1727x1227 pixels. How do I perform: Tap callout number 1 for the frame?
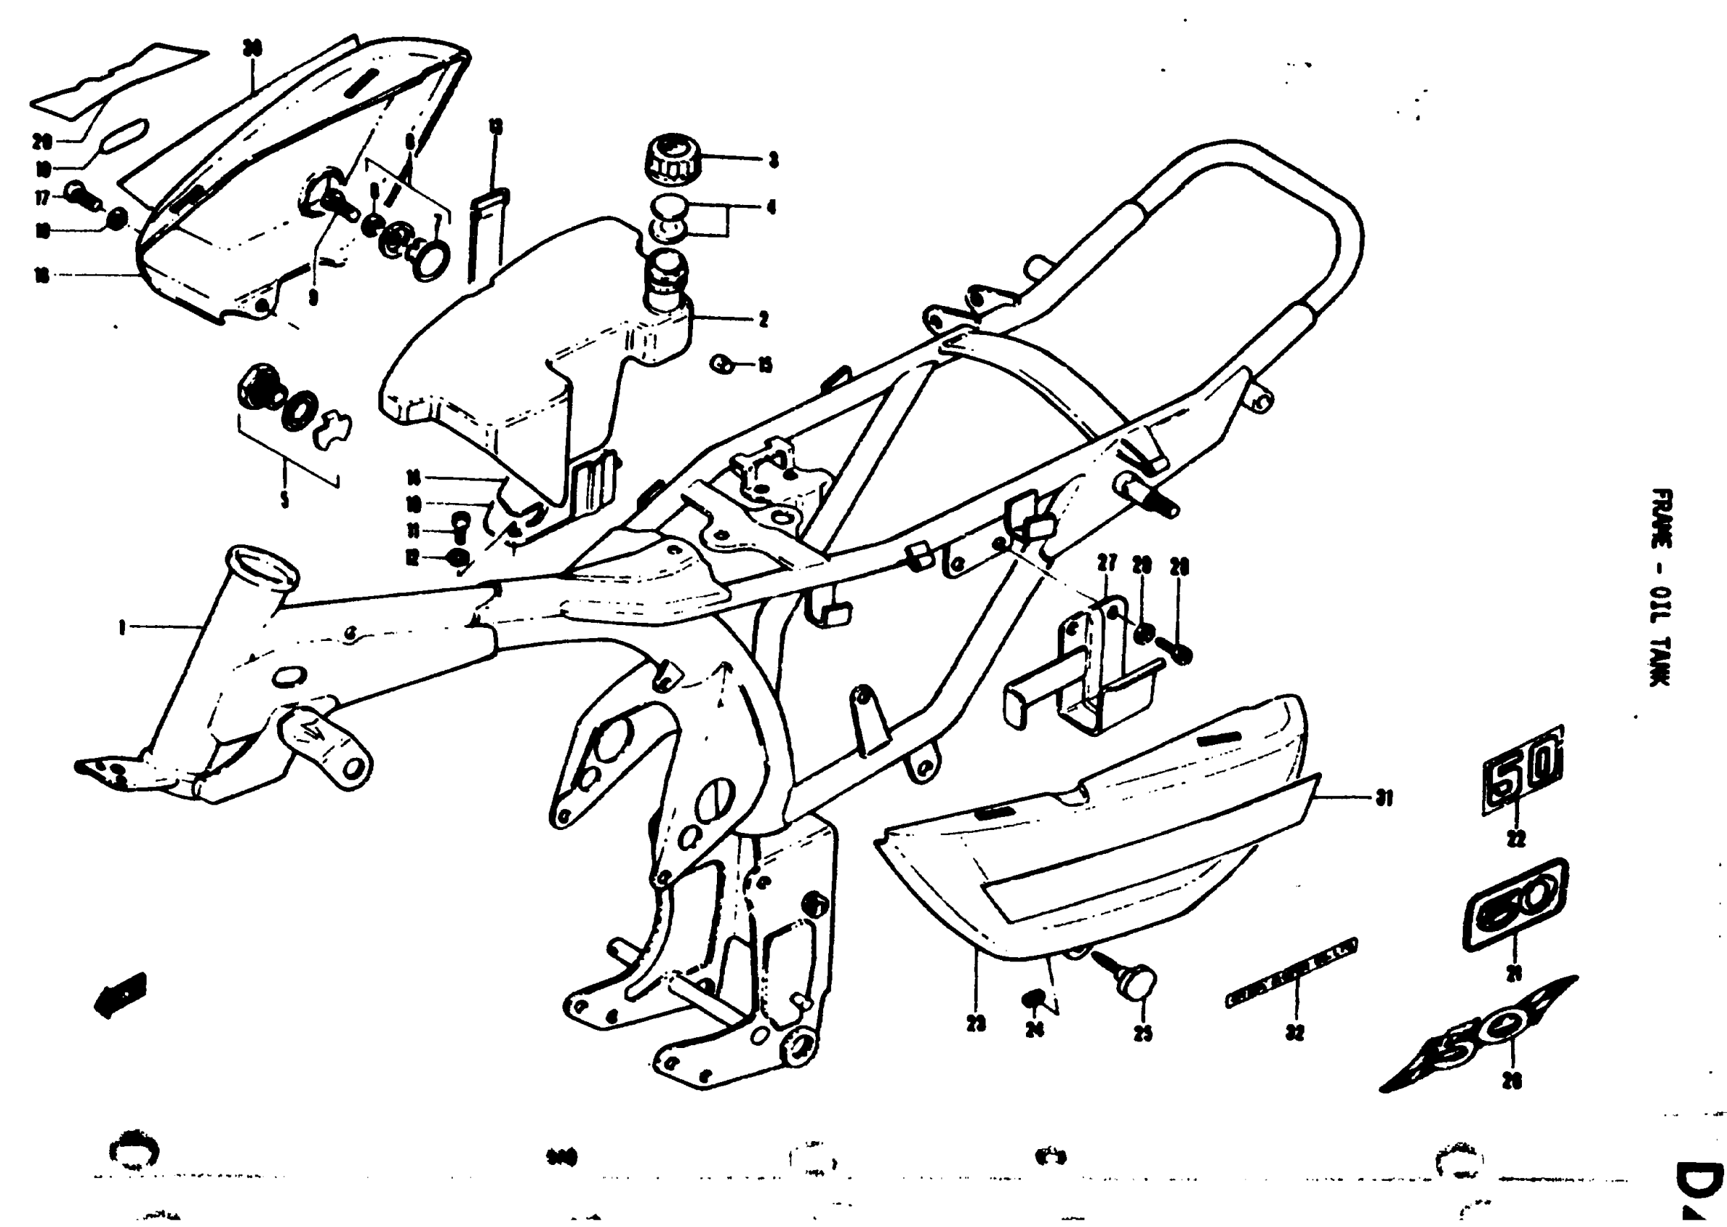pos(122,626)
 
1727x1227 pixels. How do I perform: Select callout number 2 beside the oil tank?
pos(763,320)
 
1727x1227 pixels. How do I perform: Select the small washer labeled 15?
pos(721,365)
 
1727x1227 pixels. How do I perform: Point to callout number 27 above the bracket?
pos(1108,564)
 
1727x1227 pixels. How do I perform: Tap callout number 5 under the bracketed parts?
pos(285,499)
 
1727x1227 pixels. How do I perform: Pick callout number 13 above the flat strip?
pos(496,127)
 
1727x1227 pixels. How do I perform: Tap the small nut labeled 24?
pos(1032,1000)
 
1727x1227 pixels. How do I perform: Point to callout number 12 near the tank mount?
pos(412,559)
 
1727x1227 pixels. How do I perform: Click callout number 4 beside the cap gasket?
pos(771,207)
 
